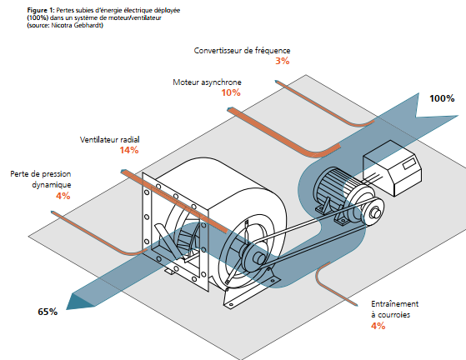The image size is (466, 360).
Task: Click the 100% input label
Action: [442, 98]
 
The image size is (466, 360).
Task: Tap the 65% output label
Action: [48, 312]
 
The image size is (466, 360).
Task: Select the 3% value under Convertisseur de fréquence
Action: [283, 61]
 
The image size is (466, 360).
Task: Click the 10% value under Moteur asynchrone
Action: [231, 92]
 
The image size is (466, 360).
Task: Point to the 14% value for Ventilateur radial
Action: [129, 150]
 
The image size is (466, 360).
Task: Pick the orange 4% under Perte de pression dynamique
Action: [63, 196]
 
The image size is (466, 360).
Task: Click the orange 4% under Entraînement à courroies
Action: [378, 326]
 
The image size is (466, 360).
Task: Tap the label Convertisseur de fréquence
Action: [242, 51]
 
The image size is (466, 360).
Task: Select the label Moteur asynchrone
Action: [207, 82]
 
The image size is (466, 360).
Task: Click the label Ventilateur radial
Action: [110, 140]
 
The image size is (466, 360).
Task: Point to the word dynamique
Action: [52, 185]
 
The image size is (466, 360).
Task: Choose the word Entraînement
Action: [394, 304]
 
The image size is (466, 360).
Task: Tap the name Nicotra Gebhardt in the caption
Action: [77, 25]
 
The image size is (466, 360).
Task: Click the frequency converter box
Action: [393, 168]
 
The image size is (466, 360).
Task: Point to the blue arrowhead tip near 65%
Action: [67, 309]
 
